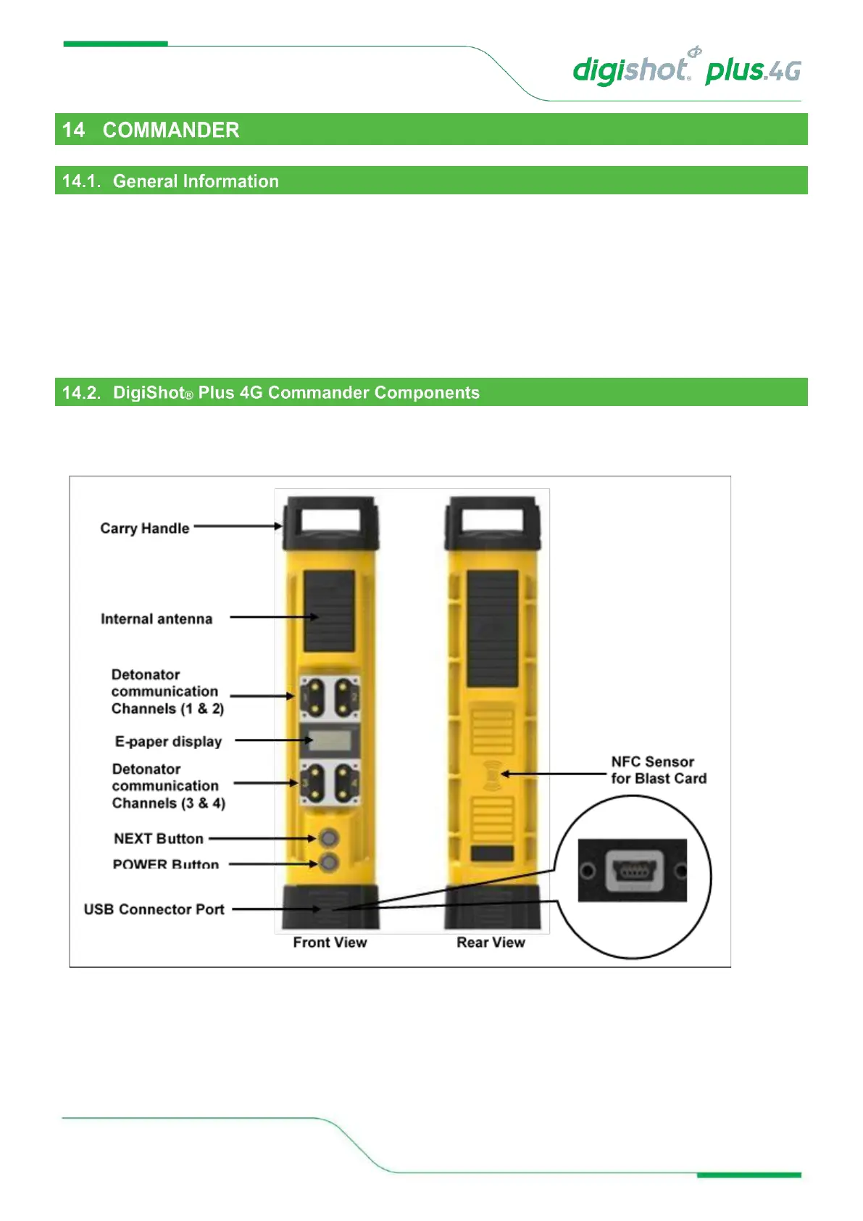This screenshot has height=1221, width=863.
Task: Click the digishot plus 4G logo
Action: [x=686, y=70]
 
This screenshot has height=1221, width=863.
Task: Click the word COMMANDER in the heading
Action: [x=170, y=130]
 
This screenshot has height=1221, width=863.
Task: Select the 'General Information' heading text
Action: [x=196, y=181]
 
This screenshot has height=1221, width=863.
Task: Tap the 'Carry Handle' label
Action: [x=145, y=529]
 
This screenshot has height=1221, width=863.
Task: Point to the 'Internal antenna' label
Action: [x=157, y=619]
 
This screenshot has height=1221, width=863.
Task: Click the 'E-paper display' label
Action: [x=168, y=742]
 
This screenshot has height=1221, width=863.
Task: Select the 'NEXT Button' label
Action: [x=159, y=839]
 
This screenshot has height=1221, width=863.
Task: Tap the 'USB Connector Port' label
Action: [x=154, y=909]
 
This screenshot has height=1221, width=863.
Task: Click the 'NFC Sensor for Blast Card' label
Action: [x=658, y=770]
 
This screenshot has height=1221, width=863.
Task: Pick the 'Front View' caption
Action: [x=330, y=943]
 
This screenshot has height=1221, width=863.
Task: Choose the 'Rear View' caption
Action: [x=491, y=943]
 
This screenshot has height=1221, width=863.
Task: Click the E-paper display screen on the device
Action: [x=330, y=741]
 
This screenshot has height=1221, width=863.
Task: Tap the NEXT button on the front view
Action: [x=329, y=838]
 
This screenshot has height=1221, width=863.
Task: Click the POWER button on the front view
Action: [x=329, y=863]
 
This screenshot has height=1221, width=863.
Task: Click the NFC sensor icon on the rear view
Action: [x=492, y=774]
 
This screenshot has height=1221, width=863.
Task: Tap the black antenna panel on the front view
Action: [x=329, y=610]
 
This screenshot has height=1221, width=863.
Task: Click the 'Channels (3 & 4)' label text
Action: [x=169, y=803]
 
